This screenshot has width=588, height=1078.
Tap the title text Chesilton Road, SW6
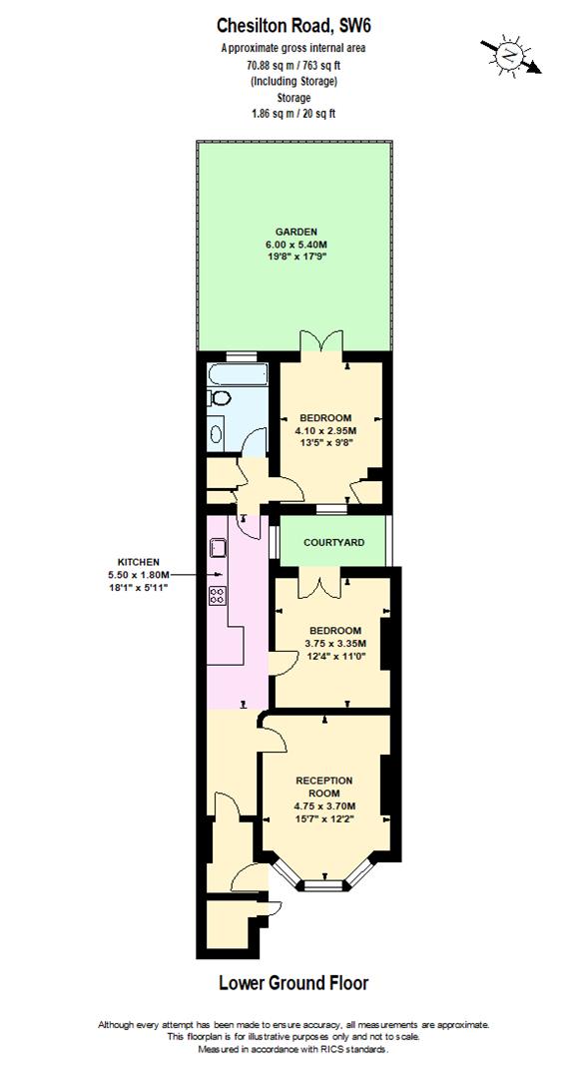(293, 27)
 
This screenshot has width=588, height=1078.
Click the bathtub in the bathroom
(238, 376)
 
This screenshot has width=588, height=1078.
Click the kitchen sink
(219, 547)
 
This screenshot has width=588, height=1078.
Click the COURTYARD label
(332, 542)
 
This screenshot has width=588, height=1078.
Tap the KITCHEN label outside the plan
(138, 562)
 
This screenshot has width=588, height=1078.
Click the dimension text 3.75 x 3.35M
(334, 644)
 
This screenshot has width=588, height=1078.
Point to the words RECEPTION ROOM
(324, 787)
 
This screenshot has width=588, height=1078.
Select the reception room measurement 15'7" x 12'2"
(324, 819)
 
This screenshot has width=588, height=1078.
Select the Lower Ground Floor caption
(293, 983)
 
